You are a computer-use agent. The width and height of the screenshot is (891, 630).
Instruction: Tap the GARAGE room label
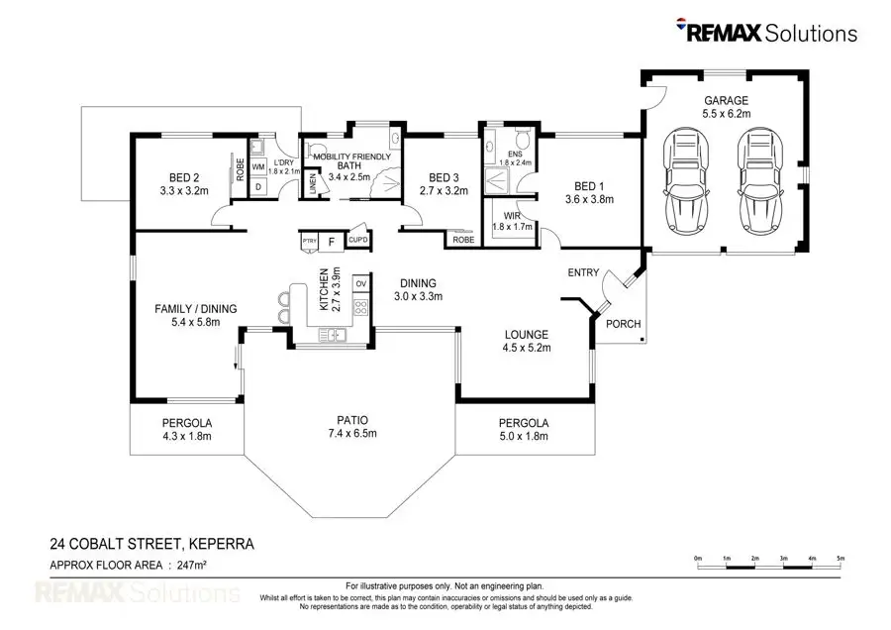point(726,101)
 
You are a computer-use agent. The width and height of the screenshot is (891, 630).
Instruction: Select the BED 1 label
point(588,186)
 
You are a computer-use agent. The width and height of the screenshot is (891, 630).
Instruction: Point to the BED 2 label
point(184,177)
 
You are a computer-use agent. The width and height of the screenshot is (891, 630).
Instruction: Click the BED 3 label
point(442,177)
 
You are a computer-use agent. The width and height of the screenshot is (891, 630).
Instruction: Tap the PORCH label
point(623,324)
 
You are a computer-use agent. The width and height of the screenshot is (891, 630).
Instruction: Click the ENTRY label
point(583,272)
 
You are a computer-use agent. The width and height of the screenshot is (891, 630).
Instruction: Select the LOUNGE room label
point(526,335)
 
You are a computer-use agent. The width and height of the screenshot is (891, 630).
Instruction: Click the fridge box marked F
point(331,240)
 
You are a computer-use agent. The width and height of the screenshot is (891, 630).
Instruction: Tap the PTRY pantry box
point(308,240)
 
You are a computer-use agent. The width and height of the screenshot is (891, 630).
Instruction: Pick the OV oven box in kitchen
point(360,284)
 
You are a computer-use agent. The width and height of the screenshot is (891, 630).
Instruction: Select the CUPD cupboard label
point(357,240)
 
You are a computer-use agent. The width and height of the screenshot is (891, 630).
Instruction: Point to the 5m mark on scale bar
point(841,559)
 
